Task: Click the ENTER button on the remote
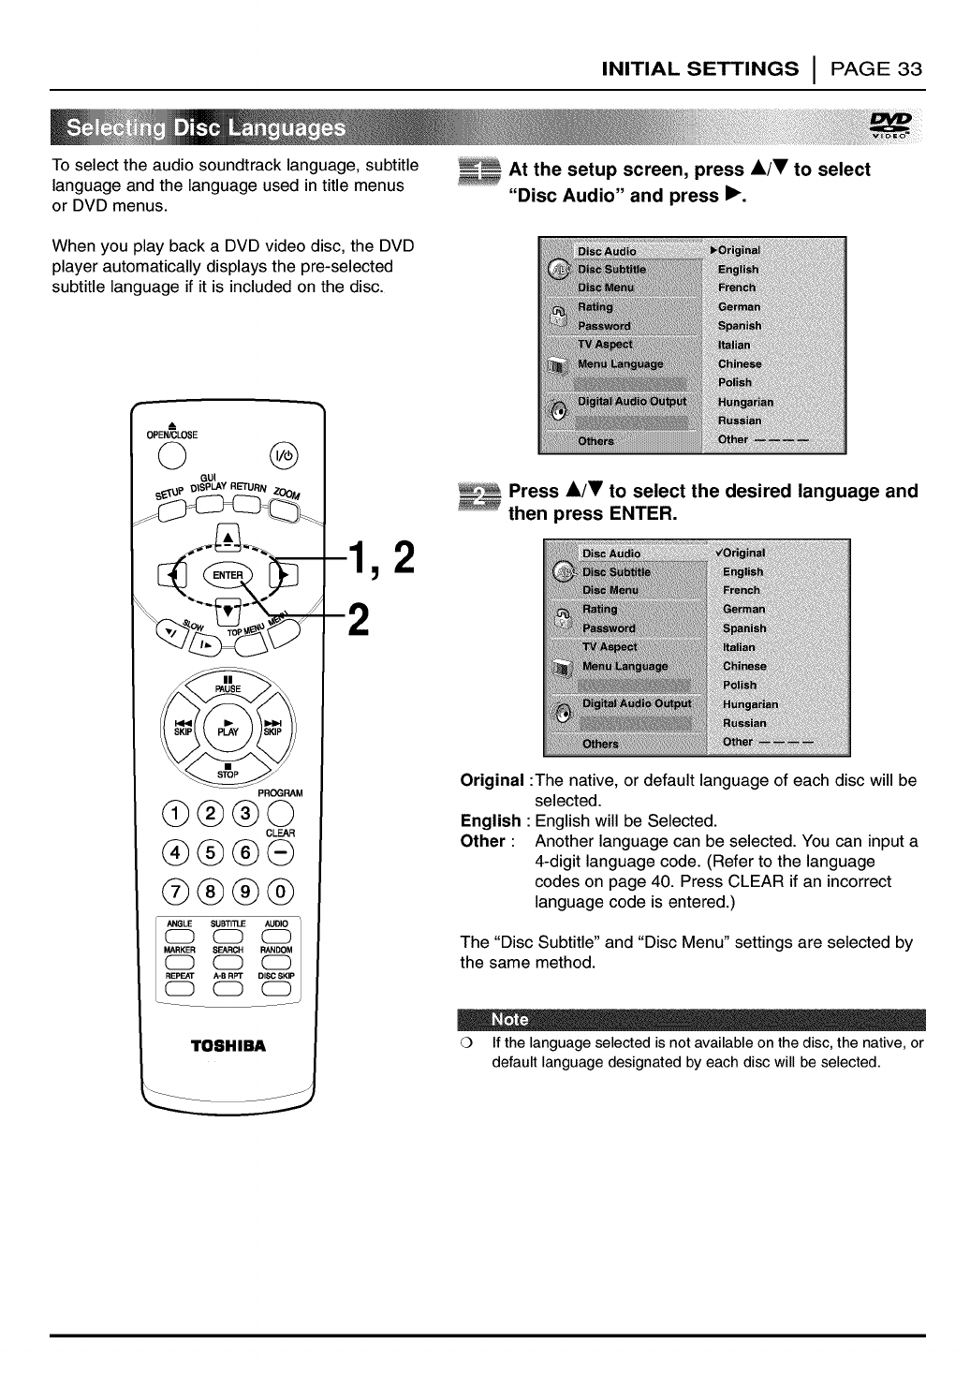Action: tap(228, 574)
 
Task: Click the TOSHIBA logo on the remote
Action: tap(228, 1045)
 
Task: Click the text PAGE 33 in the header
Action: tap(877, 68)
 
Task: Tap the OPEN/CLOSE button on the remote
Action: tap(171, 455)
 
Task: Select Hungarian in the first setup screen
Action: tap(745, 402)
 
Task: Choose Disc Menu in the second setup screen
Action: tap(610, 590)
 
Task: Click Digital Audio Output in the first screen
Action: tap(631, 401)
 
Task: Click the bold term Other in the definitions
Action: tap(482, 841)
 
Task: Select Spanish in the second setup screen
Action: tap(744, 628)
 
